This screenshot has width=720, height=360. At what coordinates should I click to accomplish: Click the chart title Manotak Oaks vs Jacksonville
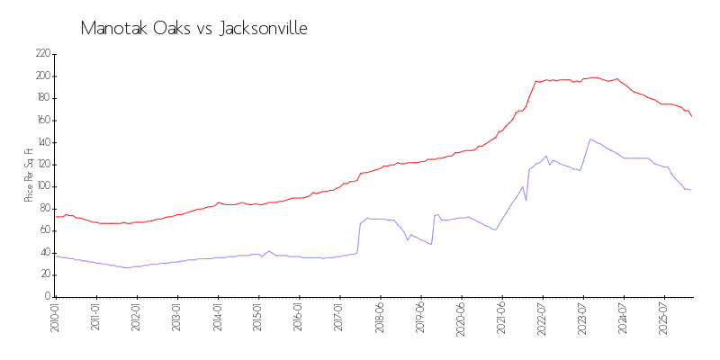(193, 28)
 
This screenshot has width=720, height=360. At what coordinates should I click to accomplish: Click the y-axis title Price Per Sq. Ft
(29, 175)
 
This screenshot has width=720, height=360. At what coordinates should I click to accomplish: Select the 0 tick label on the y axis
(47, 297)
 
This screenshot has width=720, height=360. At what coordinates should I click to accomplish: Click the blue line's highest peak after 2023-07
(590, 139)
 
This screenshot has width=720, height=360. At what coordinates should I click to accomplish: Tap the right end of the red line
(691, 116)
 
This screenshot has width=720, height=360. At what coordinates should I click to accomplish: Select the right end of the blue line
(691, 190)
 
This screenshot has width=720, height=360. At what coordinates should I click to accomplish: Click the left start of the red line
(55, 216)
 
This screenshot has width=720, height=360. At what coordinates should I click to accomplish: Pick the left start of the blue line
(55, 256)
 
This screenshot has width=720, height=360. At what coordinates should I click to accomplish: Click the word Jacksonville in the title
(263, 28)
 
